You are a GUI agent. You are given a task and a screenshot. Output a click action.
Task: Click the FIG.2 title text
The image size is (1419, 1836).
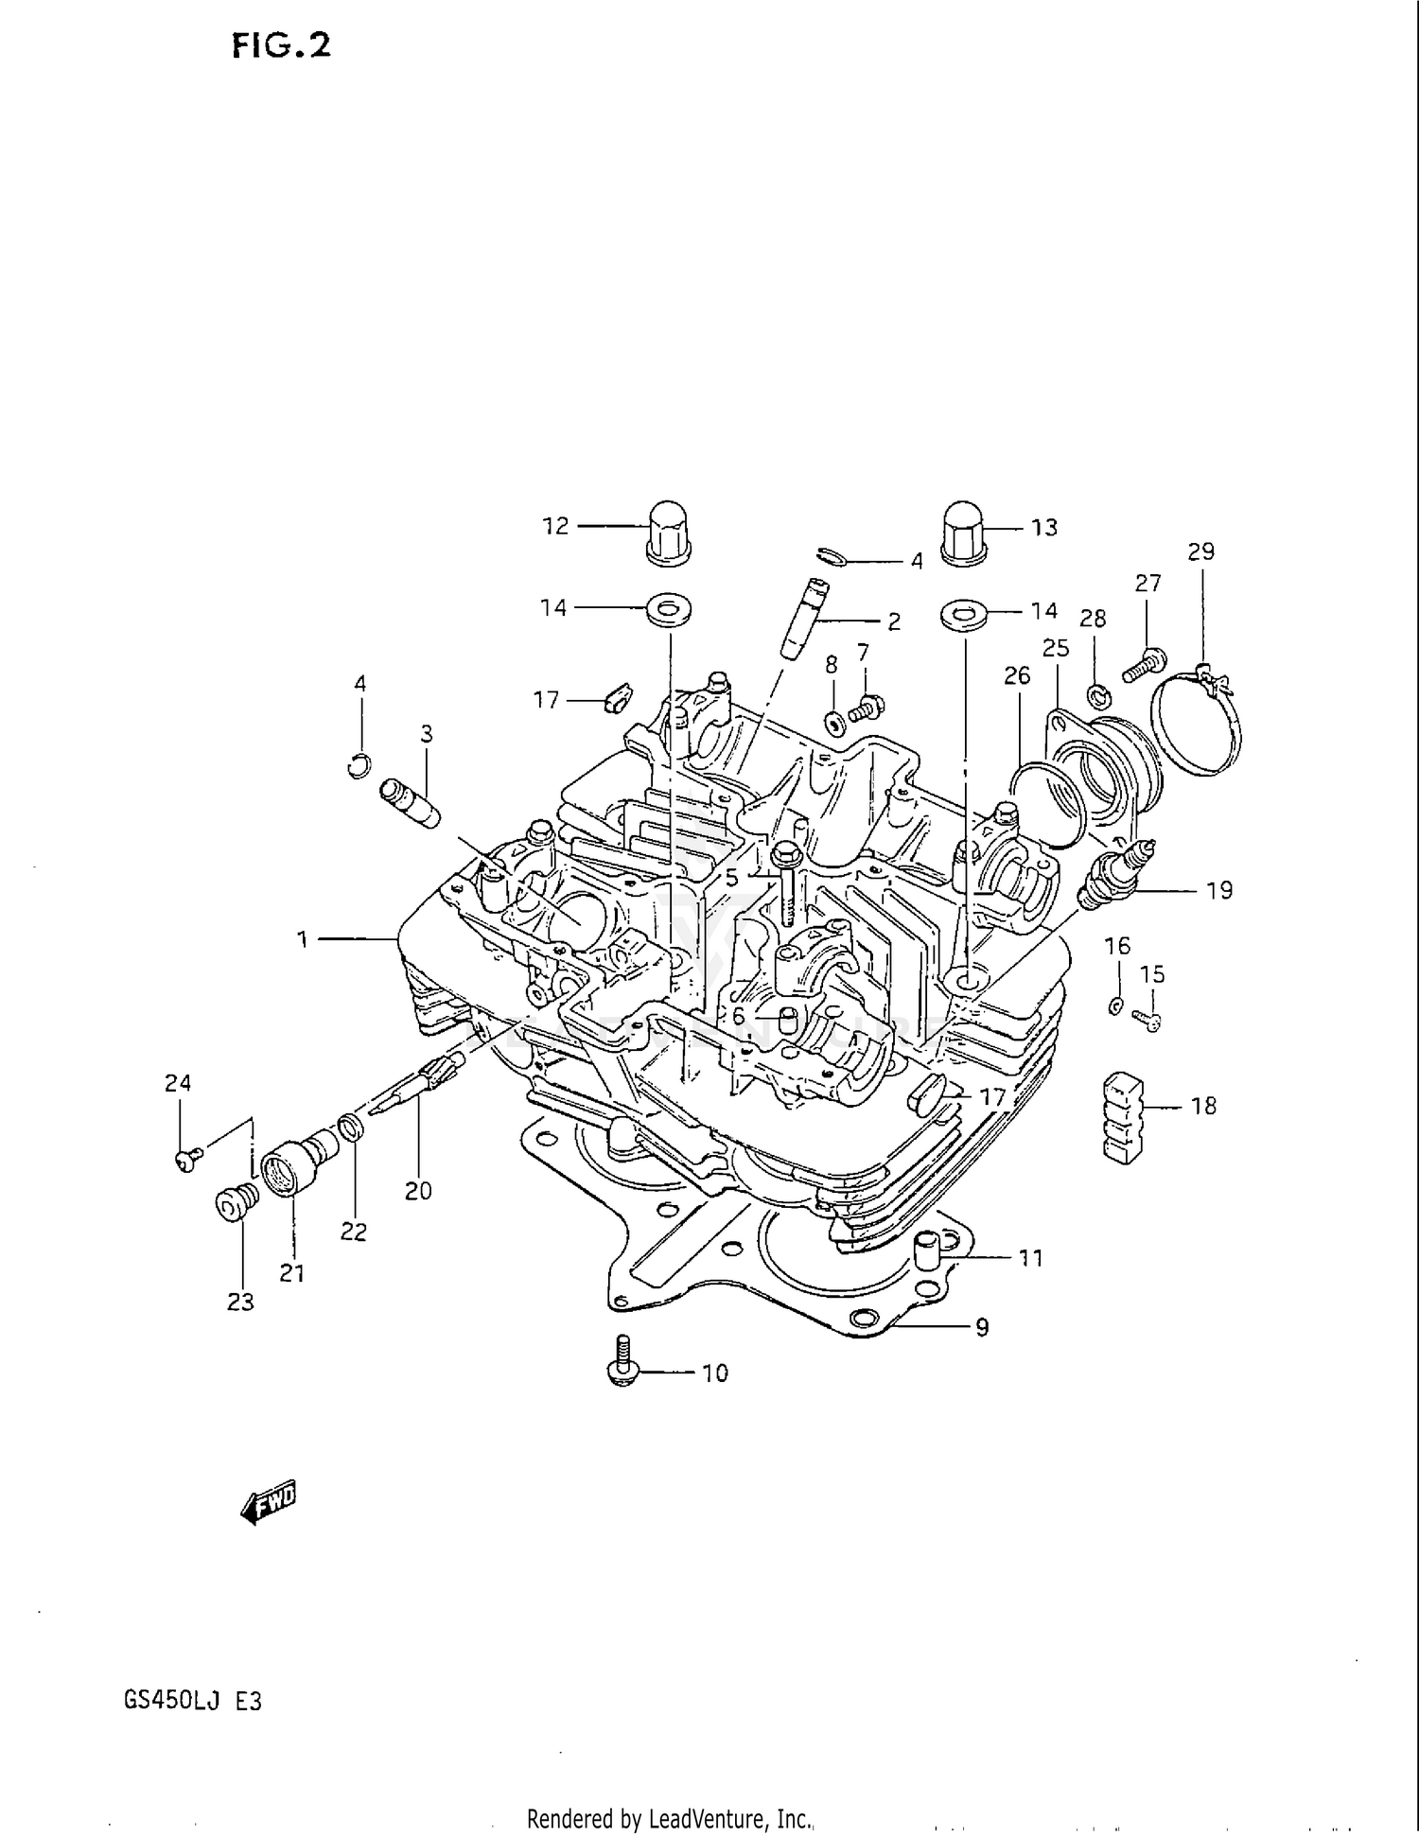(x=281, y=45)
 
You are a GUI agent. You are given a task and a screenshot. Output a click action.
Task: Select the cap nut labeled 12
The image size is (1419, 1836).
(x=669, y=533)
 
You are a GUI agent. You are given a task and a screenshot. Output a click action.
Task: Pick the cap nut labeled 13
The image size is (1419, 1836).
(x=963, y=533)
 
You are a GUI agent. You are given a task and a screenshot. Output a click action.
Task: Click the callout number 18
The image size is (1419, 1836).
(x=1203, y=1106)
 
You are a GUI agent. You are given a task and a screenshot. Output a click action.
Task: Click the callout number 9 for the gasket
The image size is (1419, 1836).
(x=982, y=1328)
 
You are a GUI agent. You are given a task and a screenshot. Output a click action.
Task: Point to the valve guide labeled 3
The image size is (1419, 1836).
(x=410, y=803)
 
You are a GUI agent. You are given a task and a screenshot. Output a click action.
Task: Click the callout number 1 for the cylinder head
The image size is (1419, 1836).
(x=303, y=939)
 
